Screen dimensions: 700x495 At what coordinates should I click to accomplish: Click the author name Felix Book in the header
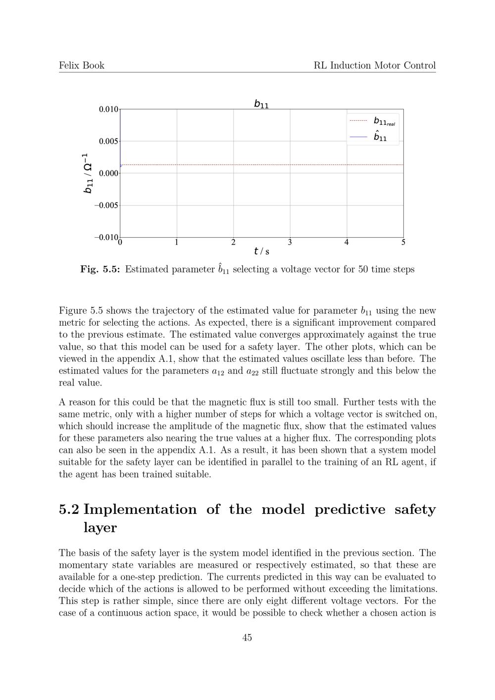coord(82,65)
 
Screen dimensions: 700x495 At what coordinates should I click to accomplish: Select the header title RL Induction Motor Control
coord(375,65)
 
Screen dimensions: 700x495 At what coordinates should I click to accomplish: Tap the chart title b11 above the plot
coord(261,104)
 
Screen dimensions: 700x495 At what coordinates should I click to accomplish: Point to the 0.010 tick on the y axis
coord(108,109)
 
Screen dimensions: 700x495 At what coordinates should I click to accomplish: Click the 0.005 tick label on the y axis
coord(108,142)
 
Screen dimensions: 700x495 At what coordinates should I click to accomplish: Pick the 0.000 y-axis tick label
coord(108,173)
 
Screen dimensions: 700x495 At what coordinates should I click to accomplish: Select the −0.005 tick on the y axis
coord(106,205)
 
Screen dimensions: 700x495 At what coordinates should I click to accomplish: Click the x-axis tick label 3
coord(290,243)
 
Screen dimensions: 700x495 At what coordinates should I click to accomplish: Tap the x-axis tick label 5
coord(403,243)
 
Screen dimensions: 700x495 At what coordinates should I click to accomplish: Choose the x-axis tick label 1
coord(177,243)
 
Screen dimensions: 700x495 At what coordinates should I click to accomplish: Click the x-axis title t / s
coord(261,251)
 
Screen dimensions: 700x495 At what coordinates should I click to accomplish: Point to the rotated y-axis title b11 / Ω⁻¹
coord(87,173)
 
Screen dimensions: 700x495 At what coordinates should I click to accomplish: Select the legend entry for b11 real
coord(373,121)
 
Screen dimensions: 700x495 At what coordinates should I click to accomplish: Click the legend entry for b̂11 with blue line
coord(373,137)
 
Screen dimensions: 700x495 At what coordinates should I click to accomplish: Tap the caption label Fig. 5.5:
coord(100,269)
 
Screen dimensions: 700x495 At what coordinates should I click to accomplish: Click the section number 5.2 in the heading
coord(69,509)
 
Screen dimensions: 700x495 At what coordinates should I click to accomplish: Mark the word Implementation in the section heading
coord(140,509)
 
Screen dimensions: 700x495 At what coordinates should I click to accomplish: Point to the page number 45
coord(247,638)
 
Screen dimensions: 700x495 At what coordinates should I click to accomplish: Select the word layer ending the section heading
coord(100,528)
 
